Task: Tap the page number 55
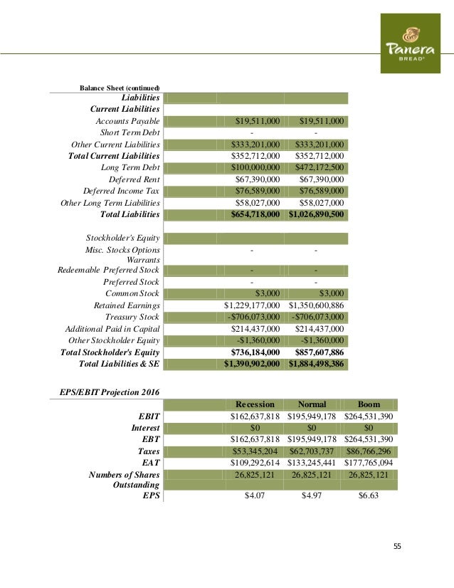397,546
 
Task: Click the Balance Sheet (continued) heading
120,88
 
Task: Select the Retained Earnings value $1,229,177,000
253,305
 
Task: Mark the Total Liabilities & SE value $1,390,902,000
253,364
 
